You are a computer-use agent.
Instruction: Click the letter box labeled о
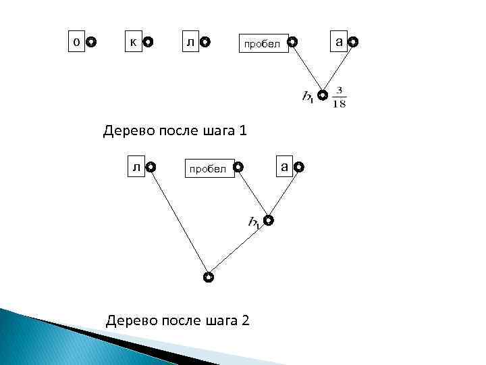pos(76,41)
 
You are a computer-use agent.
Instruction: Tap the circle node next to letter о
pos(91,43)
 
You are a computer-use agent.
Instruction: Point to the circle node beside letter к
pos(148,43)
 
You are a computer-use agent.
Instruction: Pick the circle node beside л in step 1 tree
pos(206,43)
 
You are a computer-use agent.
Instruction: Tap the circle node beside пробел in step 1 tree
pos(291,43)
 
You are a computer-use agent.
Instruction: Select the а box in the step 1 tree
pos(340,42)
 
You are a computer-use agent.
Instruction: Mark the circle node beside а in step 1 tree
pos(354,43)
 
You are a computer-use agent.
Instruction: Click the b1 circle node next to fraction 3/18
pos(323,95)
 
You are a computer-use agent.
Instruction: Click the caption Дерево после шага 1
pos(175,130)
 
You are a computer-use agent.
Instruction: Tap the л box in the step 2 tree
pos(136,166)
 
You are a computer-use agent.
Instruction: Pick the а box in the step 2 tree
pos(285,166)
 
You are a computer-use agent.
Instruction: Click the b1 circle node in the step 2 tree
pos(269,220)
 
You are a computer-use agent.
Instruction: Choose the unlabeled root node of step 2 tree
pos(209,277)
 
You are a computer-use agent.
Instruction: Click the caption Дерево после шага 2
pos(178,320)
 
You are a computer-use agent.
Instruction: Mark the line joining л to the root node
pos(179,221)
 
